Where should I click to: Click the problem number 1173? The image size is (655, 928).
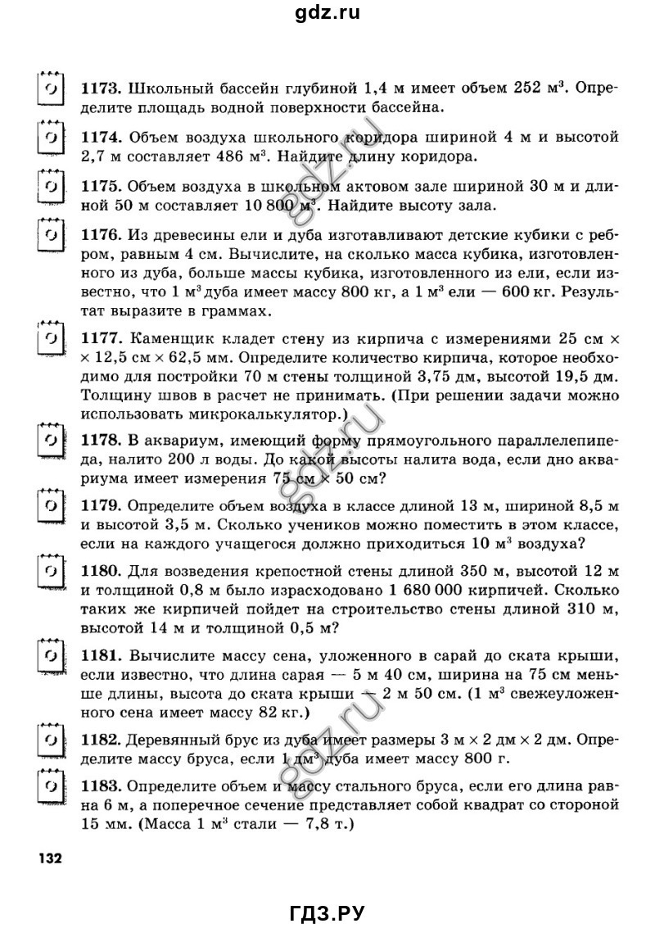click(101, 88)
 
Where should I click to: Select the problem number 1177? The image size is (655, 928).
click(101, 337)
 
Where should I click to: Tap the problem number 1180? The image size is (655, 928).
click(102, 569)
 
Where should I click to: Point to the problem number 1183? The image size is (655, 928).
click(101, 787)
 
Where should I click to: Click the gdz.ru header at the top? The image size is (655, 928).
click(327, 12)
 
